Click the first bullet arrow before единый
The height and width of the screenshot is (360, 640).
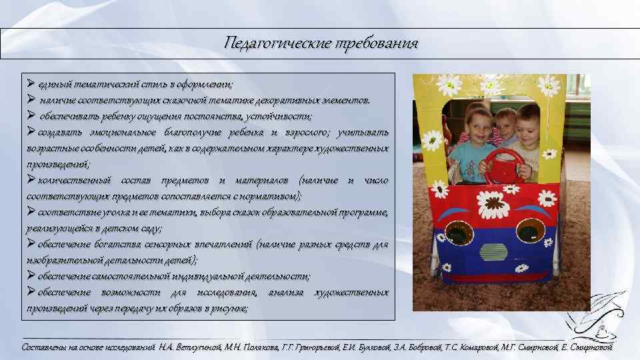(31, 84)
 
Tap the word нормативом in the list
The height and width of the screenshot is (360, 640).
(273, 196)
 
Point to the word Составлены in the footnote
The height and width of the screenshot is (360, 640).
(45, 347)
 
